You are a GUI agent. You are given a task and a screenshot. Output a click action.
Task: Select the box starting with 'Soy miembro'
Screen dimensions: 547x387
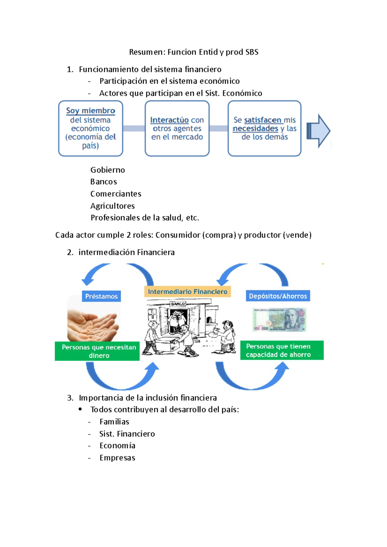(x=91, y=128)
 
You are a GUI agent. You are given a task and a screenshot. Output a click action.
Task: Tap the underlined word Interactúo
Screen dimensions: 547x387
(x=169, y=120)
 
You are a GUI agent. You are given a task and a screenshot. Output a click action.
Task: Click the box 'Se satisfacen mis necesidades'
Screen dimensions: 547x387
(x=264, y=128)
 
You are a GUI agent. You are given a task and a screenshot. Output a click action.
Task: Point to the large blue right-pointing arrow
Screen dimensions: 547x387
(x=319, y=131)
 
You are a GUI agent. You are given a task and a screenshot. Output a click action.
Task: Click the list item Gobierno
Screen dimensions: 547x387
(x=107, y=170)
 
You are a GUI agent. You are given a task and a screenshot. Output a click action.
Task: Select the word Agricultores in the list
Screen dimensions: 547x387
(x=113, y=206)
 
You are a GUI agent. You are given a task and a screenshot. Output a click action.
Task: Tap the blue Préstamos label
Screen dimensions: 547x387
(x=101, y=296)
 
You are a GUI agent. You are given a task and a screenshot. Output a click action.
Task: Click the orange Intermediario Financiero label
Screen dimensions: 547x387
(x=187, y=292)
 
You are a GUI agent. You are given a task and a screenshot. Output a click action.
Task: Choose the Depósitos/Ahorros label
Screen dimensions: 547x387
(x=278, y=296)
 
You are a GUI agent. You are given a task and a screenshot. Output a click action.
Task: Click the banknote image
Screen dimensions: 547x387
(x=279, y=320)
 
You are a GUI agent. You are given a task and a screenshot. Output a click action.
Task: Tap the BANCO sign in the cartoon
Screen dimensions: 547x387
(x=178, y=304)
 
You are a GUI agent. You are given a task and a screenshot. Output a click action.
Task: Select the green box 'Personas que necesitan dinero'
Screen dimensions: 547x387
(x=97, y=351)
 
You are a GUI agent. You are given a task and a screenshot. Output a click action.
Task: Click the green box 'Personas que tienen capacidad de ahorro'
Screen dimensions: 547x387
(x=282, y=350)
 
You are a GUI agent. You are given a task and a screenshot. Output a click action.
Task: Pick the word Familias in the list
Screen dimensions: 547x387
(x=114, y=422)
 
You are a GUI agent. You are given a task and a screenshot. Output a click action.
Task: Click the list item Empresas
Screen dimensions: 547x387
(x=117, y=458)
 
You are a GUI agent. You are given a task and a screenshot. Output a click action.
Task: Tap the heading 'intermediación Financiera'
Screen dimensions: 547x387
(x=126, y=252)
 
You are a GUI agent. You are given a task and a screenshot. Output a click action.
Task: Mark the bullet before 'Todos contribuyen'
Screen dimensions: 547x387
(x=80, y=409)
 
